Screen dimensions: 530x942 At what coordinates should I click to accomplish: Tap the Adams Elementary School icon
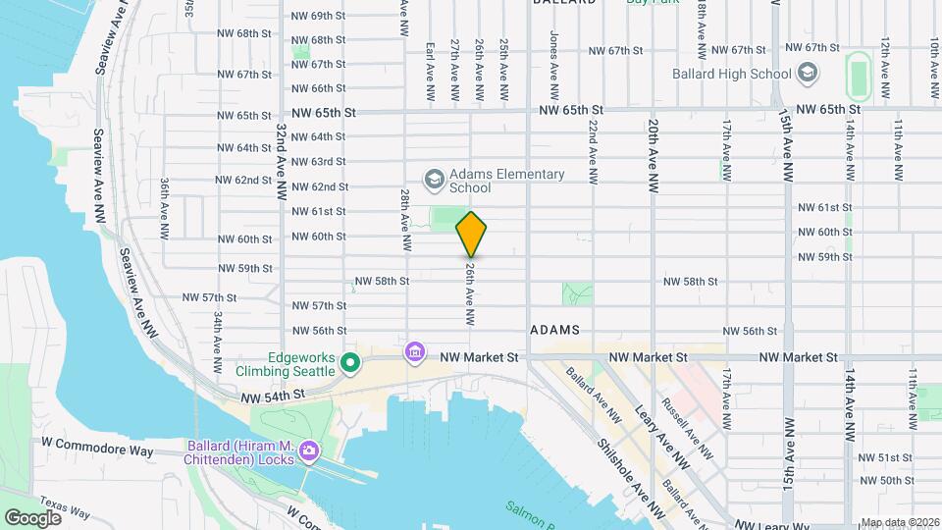[x=434, y=181]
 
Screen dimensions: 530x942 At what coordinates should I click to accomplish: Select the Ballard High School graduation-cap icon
[x=807, y=74]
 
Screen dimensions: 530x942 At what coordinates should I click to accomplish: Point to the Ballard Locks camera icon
[x=309, y=452]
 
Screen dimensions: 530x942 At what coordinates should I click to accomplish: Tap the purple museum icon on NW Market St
[x=415, y=351]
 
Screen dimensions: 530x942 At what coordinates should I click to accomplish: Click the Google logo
[x=32, y=517]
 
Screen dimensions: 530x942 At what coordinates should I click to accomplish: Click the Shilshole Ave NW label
[x=621, y=470]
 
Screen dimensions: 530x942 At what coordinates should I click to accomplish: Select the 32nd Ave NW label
[x=282, y=158]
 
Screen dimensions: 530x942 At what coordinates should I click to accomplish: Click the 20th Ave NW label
[x=653, y=153]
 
